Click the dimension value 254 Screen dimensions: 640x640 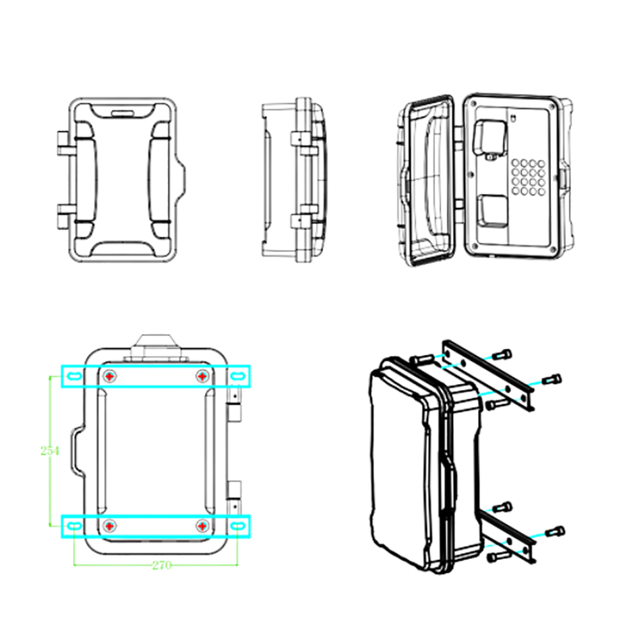50,451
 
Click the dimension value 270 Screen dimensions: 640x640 162,565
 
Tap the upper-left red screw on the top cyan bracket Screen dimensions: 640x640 109,376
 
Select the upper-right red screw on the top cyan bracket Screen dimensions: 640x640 202,376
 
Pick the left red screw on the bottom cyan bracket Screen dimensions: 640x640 109,527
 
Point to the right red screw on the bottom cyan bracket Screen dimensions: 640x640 202,527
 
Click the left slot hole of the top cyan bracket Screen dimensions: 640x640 74,376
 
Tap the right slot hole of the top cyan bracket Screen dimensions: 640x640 237,376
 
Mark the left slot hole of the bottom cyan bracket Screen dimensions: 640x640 74,527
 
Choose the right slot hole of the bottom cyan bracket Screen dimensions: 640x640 237,527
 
